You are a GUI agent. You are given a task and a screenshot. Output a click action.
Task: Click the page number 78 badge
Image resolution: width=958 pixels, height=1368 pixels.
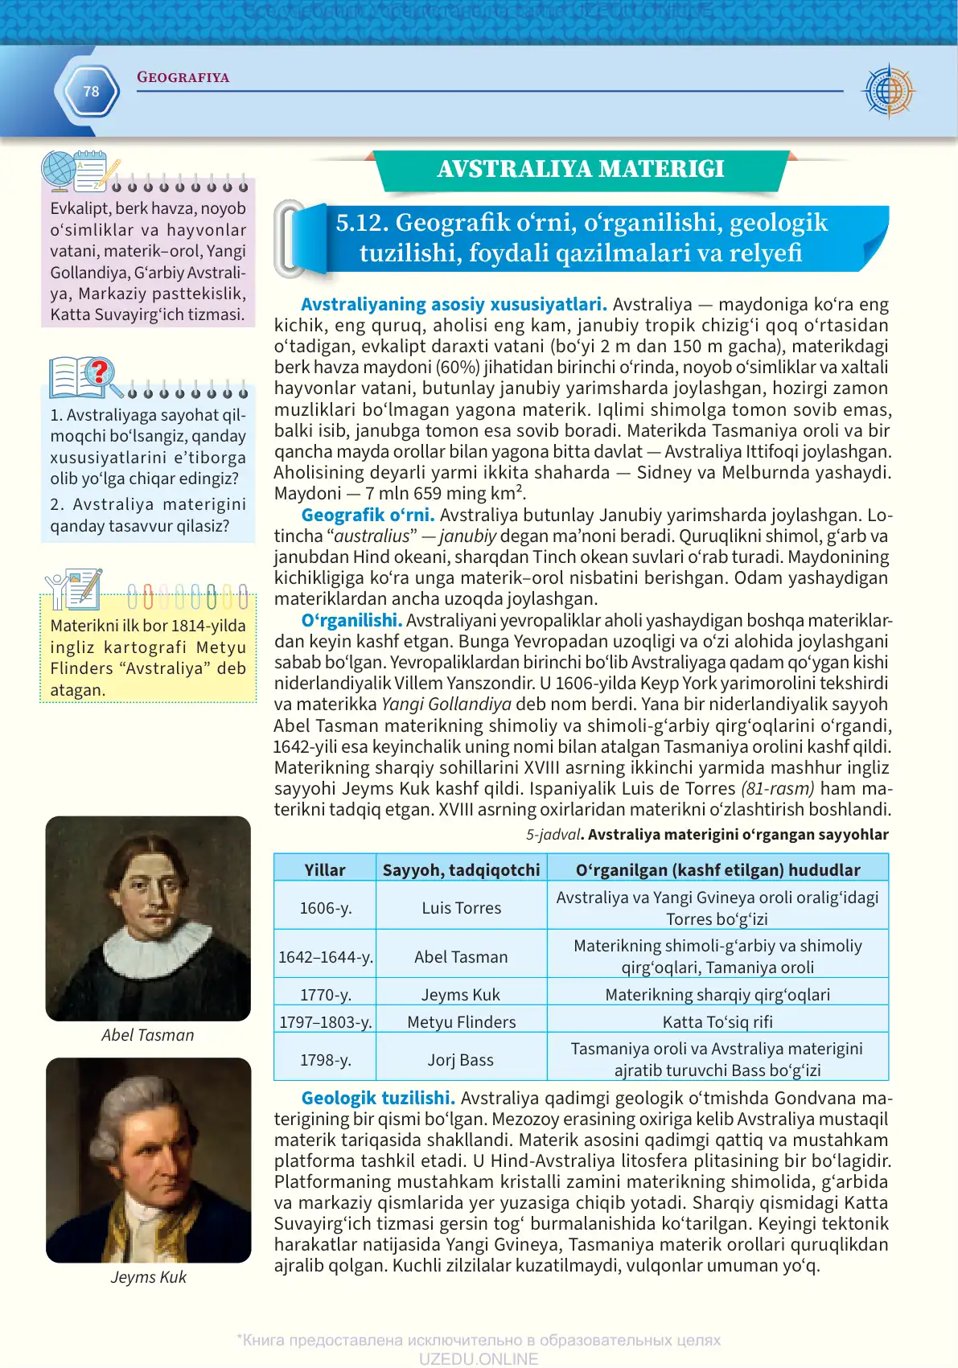(x=91, y=92)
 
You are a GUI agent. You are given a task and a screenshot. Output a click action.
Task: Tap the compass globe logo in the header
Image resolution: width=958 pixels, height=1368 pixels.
(x=888, y=91)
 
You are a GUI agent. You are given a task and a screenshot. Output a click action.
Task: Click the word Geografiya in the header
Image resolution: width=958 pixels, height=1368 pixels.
(x=183, y=78)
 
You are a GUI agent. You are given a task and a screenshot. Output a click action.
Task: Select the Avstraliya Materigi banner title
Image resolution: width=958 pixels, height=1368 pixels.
(x=581, y=169)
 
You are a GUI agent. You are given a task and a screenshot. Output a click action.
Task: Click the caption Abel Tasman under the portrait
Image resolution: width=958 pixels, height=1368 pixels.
(x=148, y=1035)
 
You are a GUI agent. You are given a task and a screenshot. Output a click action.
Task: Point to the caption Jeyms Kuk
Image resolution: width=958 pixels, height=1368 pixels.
(x=149, y=1277)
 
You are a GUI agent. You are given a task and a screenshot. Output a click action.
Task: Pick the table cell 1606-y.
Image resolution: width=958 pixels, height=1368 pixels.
(x=325, y=908)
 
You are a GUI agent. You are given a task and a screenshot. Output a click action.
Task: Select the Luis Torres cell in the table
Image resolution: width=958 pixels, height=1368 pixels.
(x=461, y=908)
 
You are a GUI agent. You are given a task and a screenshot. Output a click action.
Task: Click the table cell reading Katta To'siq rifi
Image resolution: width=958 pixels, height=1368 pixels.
(x=717, y=1021)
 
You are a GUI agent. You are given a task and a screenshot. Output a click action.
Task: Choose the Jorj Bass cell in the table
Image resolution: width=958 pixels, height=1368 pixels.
(x=461, y=1060)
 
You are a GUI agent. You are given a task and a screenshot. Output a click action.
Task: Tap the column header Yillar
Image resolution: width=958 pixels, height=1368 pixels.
(x=325, y=869)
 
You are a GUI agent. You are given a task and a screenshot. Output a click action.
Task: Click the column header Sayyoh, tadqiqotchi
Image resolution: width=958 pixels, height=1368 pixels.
(x=461, y=869)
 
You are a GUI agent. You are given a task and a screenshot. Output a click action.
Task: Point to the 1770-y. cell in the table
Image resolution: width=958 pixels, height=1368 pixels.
(x=325, y=995)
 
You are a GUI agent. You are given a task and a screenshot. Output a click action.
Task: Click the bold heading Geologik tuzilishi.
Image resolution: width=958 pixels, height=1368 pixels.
(x=378, y=1098)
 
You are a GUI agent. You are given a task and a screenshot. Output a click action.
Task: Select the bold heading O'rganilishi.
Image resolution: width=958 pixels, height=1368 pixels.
(x=352, y=620)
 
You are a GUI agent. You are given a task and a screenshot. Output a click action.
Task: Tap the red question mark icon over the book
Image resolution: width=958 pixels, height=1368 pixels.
(x=100, y=372)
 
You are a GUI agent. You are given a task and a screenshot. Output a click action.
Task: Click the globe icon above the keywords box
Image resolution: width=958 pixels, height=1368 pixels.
(x=59, y=170)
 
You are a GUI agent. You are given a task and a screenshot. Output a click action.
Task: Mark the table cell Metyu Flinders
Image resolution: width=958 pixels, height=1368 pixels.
(x=461, y=1021)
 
